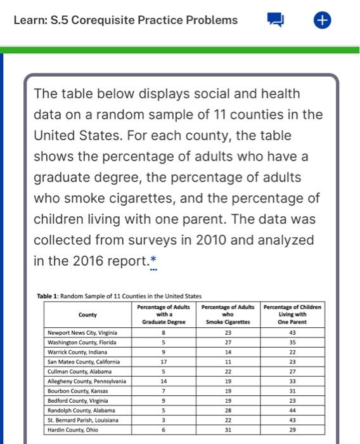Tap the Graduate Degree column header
164,314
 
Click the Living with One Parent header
292,314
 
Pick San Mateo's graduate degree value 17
164,362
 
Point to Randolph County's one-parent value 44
292,411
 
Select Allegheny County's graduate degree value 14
164,381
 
